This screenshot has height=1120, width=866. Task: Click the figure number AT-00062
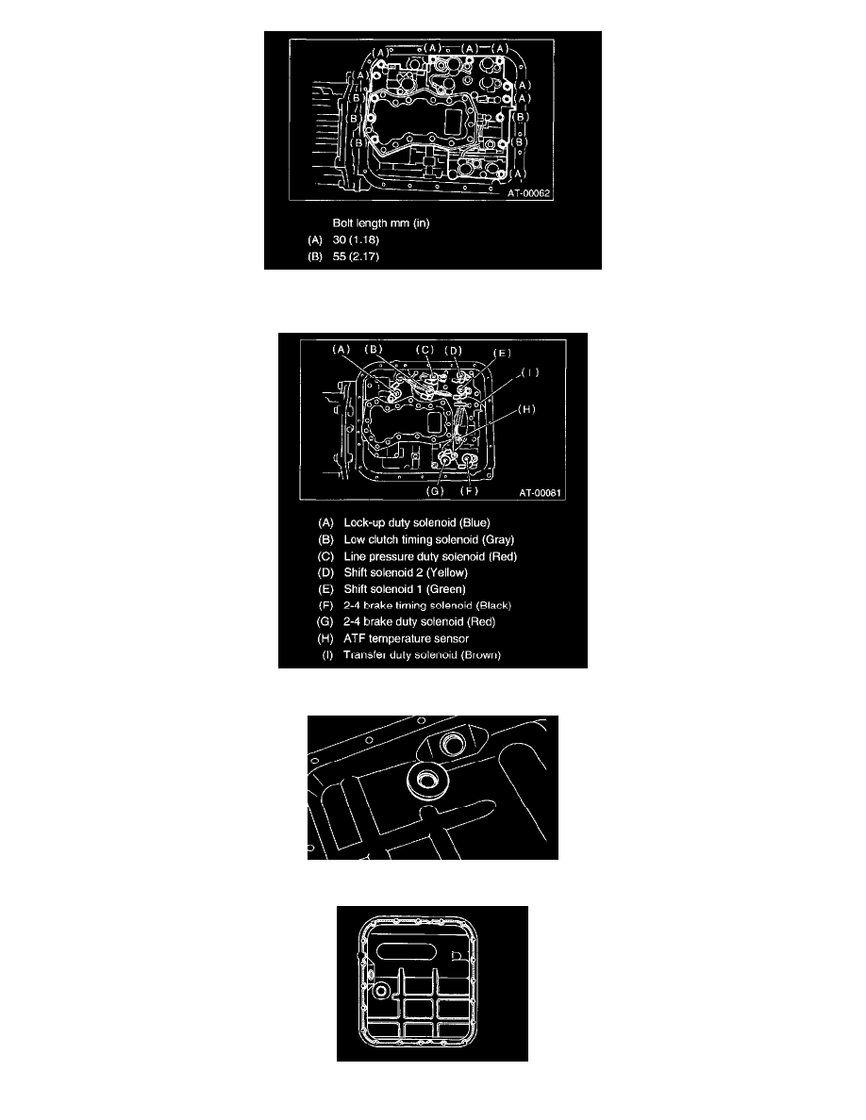pos(529,193)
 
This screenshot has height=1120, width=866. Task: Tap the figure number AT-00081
pos(541,493)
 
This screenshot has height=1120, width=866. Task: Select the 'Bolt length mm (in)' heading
pos(381,222)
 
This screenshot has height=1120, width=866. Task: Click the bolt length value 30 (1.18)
pos(356,240)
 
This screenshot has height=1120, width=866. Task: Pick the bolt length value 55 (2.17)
pos(356,256)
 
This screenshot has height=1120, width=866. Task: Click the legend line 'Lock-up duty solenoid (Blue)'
pos(417,523)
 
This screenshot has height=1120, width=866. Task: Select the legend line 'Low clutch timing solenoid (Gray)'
pos(428,540)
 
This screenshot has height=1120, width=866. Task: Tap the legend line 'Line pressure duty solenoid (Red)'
pos(430,556)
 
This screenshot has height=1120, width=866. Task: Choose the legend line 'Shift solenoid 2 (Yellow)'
pos(406,573)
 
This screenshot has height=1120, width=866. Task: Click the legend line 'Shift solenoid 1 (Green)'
pos(405,589)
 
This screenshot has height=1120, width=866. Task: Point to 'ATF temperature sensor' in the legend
pos(406,638)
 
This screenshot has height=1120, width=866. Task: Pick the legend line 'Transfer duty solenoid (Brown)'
pos(422,655)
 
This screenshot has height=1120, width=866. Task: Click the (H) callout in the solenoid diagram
pos(526,409)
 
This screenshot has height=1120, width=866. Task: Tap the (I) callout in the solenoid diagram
pos(530,372)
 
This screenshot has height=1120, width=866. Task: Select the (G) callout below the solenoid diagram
pos(435,491)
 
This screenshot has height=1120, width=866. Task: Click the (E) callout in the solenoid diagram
pos(502,353)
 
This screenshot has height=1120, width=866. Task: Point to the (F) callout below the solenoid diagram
pos(469,491)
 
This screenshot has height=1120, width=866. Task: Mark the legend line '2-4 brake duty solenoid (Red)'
pos(419,622)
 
